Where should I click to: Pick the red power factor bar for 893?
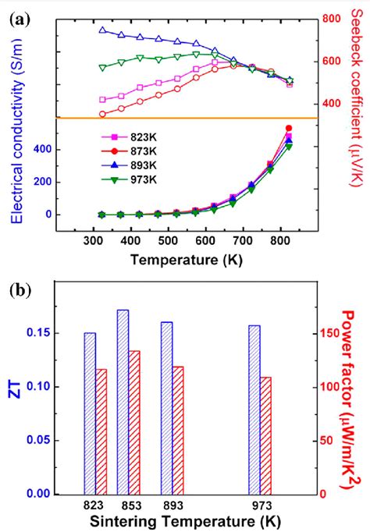179,430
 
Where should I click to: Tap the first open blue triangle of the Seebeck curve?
103,30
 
